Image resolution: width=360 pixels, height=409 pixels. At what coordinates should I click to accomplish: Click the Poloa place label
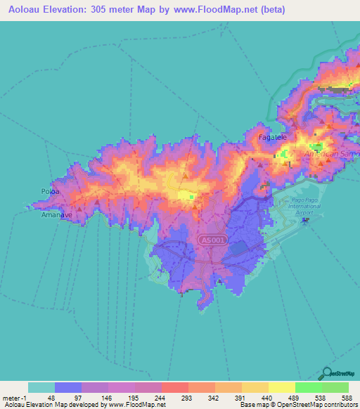pos(49,190)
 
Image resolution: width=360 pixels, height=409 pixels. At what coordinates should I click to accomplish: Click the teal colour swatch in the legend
pos(41,387)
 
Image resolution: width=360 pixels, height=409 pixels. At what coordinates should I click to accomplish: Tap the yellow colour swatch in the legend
pos(282,387)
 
